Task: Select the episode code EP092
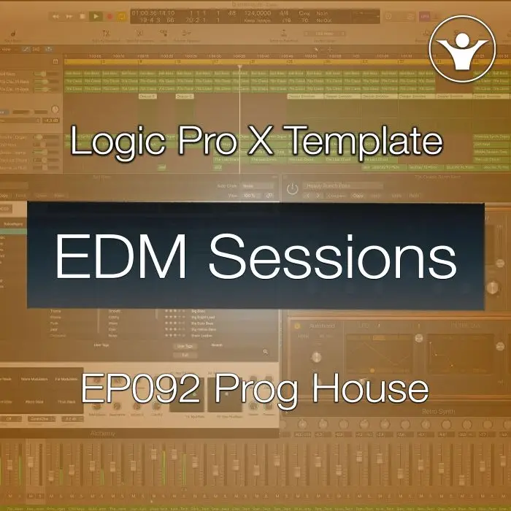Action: point(139,388)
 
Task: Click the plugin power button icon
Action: point(293,188)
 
